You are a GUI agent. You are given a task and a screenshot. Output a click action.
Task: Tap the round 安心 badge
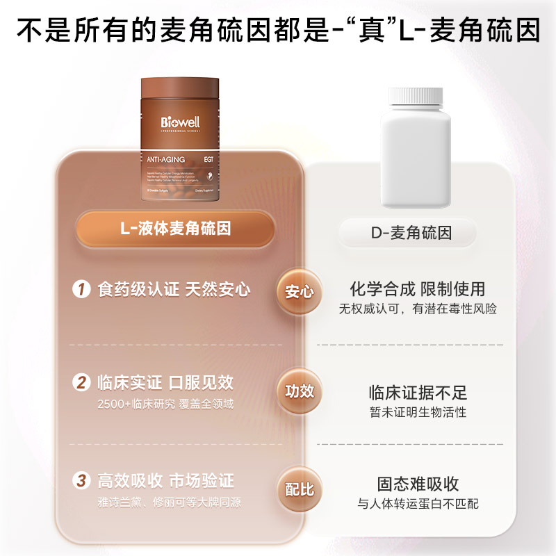[x=300, y=292]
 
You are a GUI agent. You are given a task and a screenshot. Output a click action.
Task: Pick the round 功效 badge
[x=300, y=391]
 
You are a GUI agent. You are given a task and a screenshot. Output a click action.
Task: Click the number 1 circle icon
[x=83, y=289]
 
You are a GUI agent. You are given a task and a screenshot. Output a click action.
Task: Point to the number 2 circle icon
[x=83, y=382]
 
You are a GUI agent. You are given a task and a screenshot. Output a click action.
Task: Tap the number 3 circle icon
[x=83, y=481]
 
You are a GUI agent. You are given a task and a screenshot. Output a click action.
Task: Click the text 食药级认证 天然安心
[x=174, y=289]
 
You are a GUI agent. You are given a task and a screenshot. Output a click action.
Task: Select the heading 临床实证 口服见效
[x=165, y=382]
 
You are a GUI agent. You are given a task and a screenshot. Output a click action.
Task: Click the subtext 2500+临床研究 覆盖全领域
[x=165, y=404]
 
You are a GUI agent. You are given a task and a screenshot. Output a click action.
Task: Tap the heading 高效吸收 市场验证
[x=165, y=481]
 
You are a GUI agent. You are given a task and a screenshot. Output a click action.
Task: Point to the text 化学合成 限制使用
[x=417, y=288]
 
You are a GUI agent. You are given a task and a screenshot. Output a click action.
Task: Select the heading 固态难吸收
[x=418, y=484]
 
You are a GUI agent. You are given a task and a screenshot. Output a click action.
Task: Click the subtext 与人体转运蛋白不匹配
[x=418, y=504]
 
